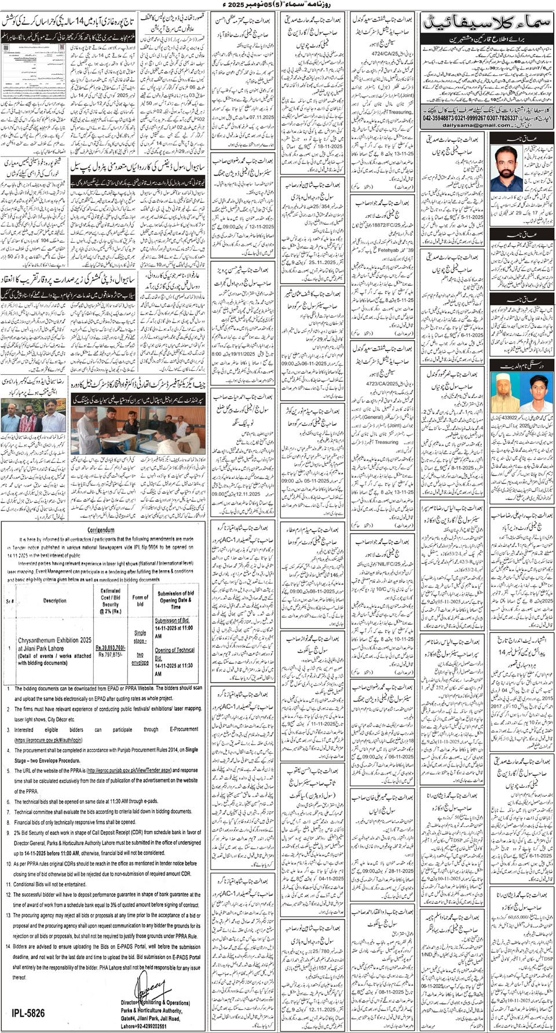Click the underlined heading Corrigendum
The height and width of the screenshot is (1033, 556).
point(101,530)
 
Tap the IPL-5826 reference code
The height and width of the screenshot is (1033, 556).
point(28,1013)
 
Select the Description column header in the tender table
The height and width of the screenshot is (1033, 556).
point(55,600)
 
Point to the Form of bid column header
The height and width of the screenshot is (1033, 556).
point(140,600)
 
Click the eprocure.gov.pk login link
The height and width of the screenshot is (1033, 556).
point(49,740)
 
